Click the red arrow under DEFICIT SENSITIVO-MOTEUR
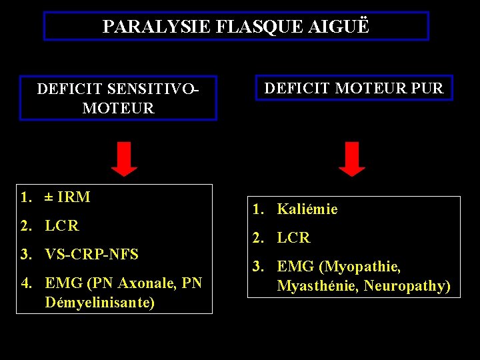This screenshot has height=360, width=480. pyautogui.click(x=124, y=159)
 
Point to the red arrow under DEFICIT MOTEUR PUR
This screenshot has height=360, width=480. pyautogui.click(x=351, y=159)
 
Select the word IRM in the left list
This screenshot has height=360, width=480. pyautogui.click(x=74, y=197)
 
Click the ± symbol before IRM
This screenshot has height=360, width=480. pyautogui.click(x=49, y=197)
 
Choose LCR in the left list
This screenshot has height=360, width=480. pyautogui.click(x=62, y=226)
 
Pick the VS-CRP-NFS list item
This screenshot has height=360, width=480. pyautogui.click(x=91, y=255)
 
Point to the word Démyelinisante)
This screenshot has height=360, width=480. pyautogui.click(x=100, y=303)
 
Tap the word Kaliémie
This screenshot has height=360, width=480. pyautogui.click(x=307, y=209)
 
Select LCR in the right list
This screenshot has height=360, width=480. pyautogui.click(x=293, y=238)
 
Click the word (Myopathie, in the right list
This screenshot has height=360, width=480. pyautogui.click(x=360, y=267)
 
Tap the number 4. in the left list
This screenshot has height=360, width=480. pyautogui.click(x=27, y=283)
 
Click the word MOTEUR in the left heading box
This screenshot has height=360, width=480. pyautogui.click(x=118, y=108)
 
